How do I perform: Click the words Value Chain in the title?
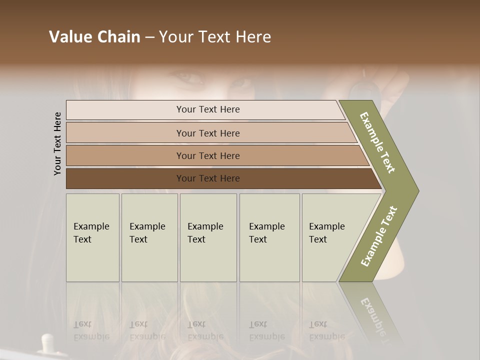94,37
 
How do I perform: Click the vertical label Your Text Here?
57,143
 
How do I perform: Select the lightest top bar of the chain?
125,110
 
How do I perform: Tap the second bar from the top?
125,133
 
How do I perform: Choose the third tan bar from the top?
125,155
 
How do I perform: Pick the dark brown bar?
125,178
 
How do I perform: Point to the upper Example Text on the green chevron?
377,142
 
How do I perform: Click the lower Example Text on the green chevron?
379,236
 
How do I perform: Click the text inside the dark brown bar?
208,178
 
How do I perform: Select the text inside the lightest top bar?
208,109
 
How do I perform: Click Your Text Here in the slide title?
215,37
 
